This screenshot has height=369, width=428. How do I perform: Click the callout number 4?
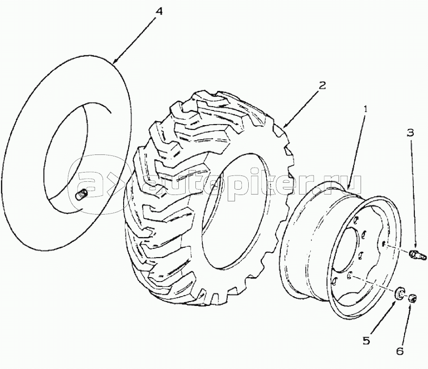pyautogui.click(x=159, y=12)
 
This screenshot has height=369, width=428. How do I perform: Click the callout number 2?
pyautogui.click(x=322, y=86)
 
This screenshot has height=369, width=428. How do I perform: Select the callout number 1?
pyautogui.click(x=365, y=109)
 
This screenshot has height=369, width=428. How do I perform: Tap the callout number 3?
pyautogui.click(x=410, y=133)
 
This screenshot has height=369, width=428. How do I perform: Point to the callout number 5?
pyautogui.click(x=366, y=340)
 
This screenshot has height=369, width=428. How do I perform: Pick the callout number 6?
pyautogui.click(x=400, y=351)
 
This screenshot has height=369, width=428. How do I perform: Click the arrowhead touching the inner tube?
pyautogui.click(x=117, y=60)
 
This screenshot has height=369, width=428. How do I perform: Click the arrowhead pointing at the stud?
pyautogui.click(x=415, y=246)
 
